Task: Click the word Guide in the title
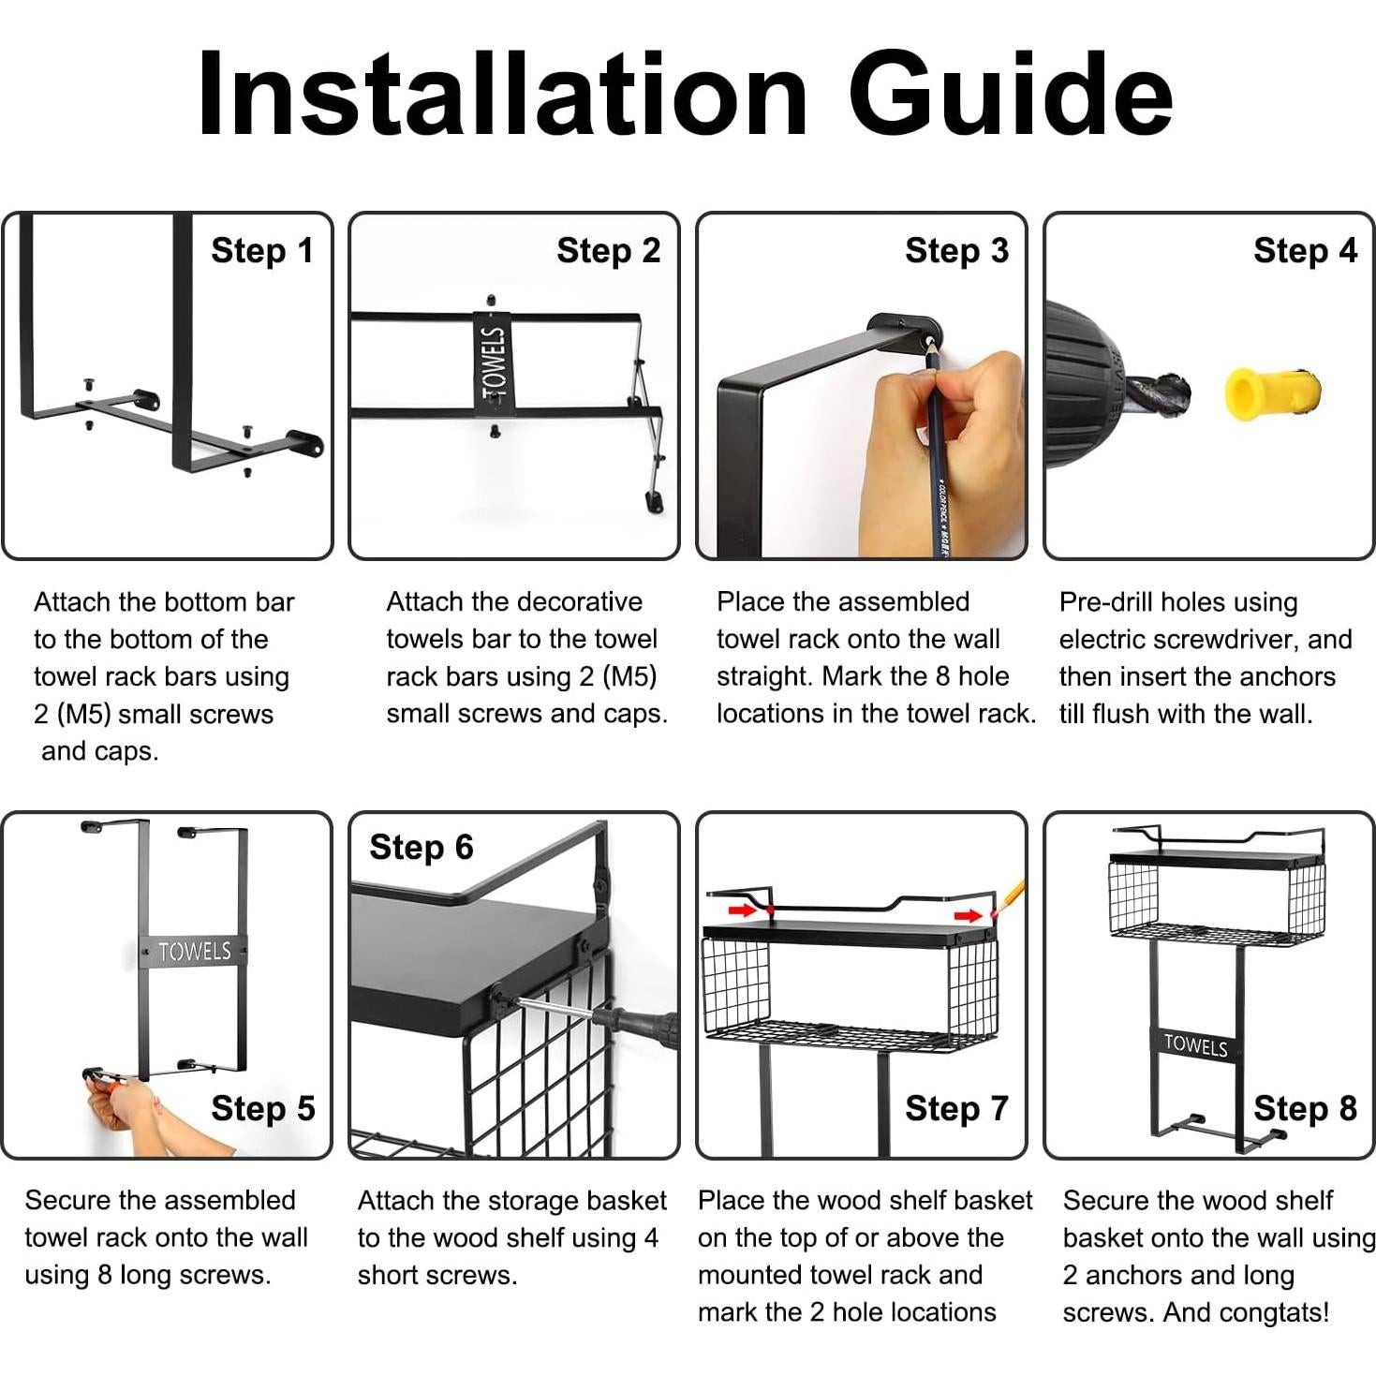pos(1011,93)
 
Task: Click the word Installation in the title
pos(502,93)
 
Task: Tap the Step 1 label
pos(262,251)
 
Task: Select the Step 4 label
pos(1306,251)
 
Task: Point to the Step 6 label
pos(422,847)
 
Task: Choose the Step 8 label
pos(1306,1108)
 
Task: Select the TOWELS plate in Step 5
pos(194,951)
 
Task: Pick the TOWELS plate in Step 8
pos(1195,1045)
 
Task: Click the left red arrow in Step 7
pos(743,910)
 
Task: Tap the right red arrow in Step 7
pos(969,915)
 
